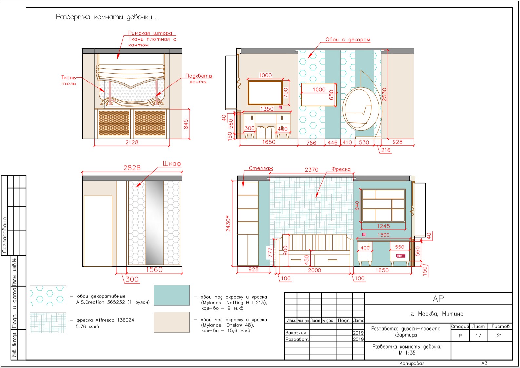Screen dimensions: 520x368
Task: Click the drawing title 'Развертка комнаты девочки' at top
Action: pos(106,17)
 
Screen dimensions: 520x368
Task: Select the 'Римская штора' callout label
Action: pos(150,33)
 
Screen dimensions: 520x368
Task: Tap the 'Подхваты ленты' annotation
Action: pos(199,79)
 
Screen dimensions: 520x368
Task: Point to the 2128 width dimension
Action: pos(132,142)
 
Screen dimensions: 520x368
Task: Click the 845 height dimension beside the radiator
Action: pos(186,124)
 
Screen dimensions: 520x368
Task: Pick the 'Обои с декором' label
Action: pos(348,39)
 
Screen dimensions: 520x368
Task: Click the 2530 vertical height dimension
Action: pos(384,94)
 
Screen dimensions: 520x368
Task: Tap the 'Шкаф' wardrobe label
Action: pos(172,164)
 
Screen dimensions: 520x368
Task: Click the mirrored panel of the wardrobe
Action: pos(154,223)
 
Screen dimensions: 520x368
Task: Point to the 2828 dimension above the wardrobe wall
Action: pos(132,168)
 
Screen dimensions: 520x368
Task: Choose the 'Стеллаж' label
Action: pos(261,168)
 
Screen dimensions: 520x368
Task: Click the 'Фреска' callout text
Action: pos(341,169)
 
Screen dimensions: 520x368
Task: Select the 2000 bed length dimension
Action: pos(315,270)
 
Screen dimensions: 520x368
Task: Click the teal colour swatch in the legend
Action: pos(172,295)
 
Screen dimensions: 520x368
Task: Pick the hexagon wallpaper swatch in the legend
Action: pos(48,296)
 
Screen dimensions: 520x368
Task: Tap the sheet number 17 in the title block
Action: pos(478,335)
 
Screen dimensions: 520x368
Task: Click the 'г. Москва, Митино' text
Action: pos(437,314)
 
